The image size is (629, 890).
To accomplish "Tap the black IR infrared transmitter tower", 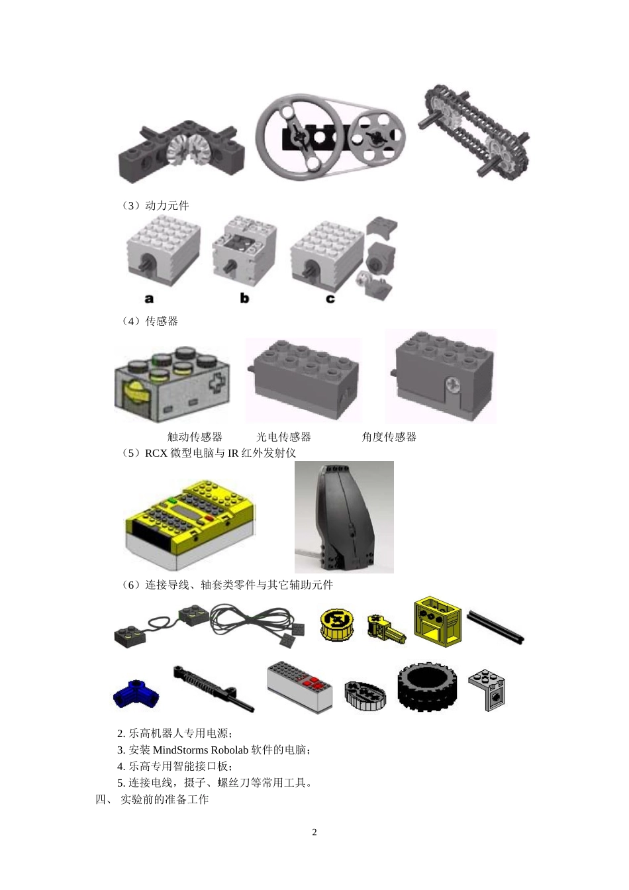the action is (x=344, y=517).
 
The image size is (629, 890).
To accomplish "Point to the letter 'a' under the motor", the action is (x=149, y=299).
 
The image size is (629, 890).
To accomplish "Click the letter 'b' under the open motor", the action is (x=244, y=298).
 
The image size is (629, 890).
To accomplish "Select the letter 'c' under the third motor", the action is (x=330, y=299).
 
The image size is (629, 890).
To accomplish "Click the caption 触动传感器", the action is (x=195, y=437).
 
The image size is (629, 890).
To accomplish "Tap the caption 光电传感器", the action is (x=283, y=437).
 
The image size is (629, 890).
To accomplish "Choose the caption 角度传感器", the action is (x=389, y=437).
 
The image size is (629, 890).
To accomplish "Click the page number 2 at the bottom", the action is (x=314, y=832).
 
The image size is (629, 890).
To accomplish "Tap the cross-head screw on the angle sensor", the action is (x=453, y=385).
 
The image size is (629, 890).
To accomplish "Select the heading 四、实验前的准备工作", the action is (x=152, y=799).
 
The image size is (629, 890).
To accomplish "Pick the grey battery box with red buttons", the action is (x=300, y=687).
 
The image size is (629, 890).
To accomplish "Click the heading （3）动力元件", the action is (x=155, y=205).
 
